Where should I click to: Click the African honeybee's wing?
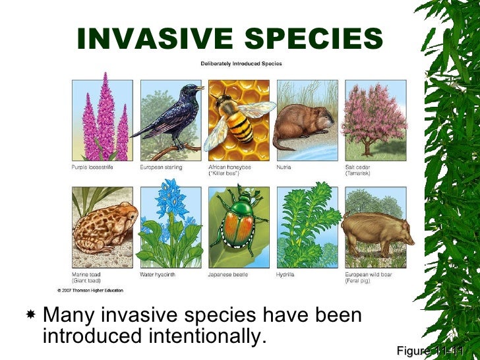tap(257, 108)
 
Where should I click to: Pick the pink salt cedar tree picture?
tap(375, 115)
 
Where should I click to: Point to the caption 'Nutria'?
tap(285, 167)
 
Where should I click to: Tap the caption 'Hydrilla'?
tap(287, 274)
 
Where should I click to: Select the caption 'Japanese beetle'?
tap(227, 274)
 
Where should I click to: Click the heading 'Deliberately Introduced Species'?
tap(241, 64)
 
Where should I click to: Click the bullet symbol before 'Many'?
tap(29, 315)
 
